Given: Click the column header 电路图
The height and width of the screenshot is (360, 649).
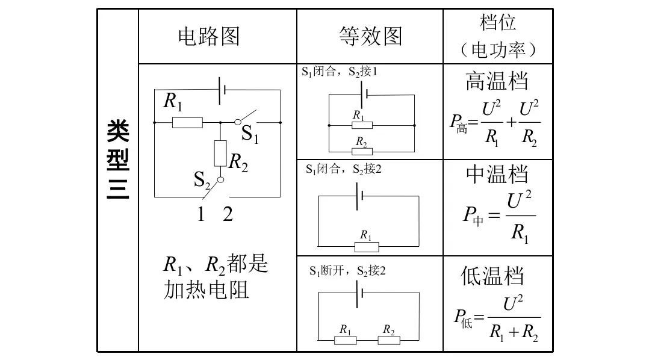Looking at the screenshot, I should (208, 37).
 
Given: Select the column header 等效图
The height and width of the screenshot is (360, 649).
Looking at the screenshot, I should (370, 37).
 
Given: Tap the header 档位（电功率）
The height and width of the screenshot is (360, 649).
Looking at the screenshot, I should (498, 36).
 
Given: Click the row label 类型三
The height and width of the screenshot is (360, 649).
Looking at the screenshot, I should (118, 160).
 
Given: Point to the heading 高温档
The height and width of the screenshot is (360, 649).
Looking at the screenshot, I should (497, 81).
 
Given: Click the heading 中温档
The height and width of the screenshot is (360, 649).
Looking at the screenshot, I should (497, 175).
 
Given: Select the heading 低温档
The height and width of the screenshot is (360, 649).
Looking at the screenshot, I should (492, 276).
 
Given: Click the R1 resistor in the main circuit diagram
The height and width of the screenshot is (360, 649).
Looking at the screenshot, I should (187, 123).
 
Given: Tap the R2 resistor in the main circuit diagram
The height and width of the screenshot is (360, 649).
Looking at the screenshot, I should (220, 152).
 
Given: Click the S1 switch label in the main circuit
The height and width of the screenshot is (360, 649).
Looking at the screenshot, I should (250, 134).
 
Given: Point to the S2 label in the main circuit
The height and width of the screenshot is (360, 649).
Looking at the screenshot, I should (202, 179).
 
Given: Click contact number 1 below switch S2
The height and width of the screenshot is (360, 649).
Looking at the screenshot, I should (201, 214).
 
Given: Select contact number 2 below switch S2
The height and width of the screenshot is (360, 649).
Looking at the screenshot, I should (228, 214).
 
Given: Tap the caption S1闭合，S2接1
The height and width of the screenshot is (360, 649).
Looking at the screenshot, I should (340, 72).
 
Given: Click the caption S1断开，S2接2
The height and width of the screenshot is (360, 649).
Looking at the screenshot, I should (347, 271).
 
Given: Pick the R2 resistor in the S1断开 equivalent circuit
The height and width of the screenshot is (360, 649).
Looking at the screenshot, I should (389, 340).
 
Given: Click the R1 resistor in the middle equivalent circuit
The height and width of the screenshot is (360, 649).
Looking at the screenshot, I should (366, 247).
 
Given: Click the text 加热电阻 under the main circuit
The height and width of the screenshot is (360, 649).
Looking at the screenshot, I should (206, 290).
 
